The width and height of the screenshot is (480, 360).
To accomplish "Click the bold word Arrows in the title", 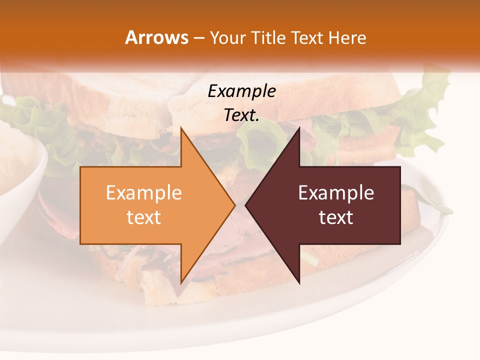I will [x=156, y=37].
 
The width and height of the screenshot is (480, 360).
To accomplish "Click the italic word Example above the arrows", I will [x=241, y=91].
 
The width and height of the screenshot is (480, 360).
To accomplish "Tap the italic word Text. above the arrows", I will [x=241, y=115].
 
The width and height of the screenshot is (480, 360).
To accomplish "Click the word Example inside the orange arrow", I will [x=144, y=193].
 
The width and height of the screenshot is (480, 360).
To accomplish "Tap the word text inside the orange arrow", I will [x=144, y=217].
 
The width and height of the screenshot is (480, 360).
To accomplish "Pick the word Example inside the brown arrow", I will [x=336, y=193].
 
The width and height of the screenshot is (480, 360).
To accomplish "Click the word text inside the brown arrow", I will [x=336, y=217].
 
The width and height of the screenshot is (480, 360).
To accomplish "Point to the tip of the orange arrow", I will [x=234, y=205].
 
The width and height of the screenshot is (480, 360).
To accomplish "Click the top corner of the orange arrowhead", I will [x=181, y=128].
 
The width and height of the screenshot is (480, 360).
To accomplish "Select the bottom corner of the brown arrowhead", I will [x=299, y=283].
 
